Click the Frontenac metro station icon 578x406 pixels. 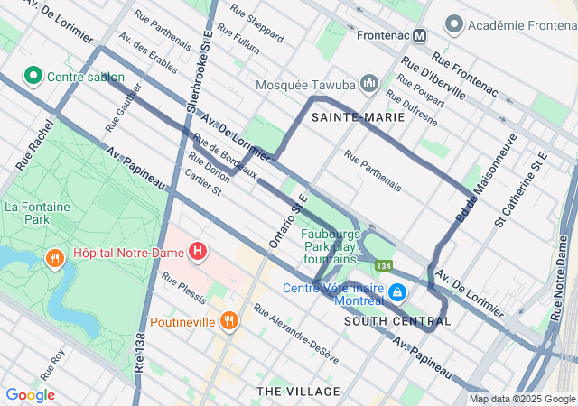[x=419, y=35]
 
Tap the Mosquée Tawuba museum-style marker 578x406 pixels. [x=368, y=84]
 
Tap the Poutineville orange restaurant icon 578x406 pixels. [x=229, y=320]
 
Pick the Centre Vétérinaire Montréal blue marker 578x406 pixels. [x=397, y=292]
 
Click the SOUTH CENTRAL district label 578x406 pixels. [x=391, y=321]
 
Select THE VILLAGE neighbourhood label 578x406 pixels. [x=299, y=392]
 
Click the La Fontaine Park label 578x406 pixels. [x=37, y=213]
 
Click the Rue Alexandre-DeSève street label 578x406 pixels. [x=296, y=333]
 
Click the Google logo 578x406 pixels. [x=30, y=395]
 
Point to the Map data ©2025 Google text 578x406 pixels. [x=522, y=400]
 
